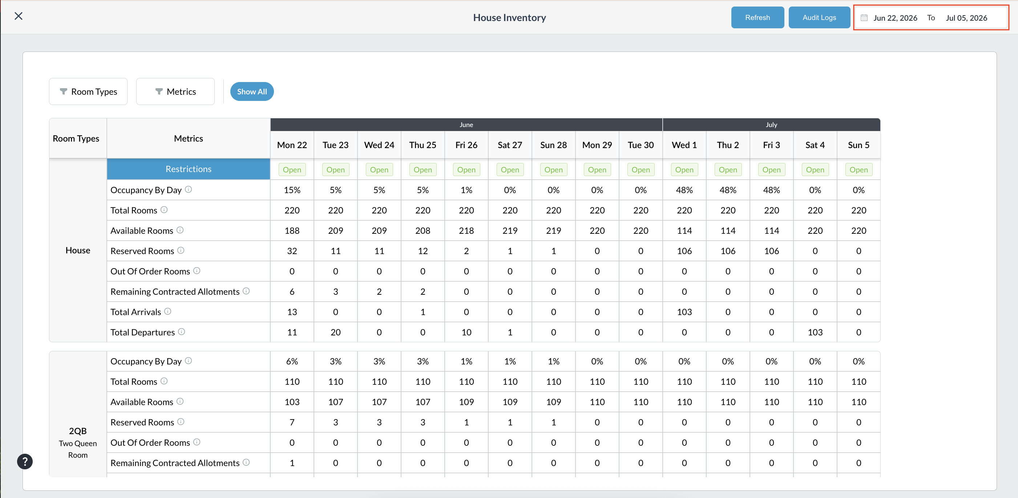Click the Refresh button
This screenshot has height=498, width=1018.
click(757, 17)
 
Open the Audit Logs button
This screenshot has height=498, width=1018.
click(819, 17)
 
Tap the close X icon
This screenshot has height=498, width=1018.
click(19, 16)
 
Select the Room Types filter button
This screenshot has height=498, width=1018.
click(88, 91)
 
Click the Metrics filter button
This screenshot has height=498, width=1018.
click(175, 91)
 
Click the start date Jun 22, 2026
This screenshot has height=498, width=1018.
click(895, 18)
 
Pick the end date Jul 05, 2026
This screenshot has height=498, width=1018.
click(966, 18)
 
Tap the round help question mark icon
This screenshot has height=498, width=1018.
click(25, 461)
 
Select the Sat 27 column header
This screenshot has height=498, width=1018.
click(510, 145)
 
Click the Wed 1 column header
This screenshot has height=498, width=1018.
click(684, 145)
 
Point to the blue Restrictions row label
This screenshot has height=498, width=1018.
click(189, 169)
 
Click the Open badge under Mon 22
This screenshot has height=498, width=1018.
click(292, 170)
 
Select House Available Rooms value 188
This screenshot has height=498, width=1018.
click(292, 230)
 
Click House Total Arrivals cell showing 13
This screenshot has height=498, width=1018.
click(292, 312)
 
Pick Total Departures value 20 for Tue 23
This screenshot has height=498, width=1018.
click(335, 332)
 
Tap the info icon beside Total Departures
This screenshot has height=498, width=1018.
click(181, 332)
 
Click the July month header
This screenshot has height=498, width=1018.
click(771, 125)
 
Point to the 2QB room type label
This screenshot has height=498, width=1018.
click(78, 431)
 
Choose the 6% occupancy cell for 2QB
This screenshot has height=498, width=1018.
click(292, 362)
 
